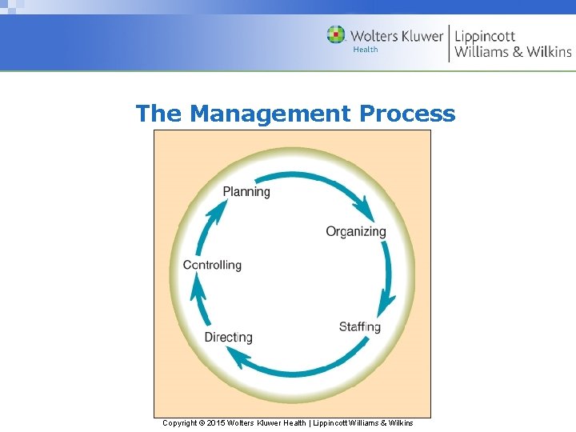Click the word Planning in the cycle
[246, 191]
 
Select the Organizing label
[356, 231]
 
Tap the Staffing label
[360, 326]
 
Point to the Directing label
[228, 337]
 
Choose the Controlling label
[212, 265]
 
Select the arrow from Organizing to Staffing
[389, 280]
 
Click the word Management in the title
[270, 114]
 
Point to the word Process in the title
[407, 114]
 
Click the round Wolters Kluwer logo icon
[336, 35]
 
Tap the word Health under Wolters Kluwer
[366, 50]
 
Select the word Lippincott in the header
[485, 35]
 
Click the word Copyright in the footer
[179, 422]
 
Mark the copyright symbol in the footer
[201, 422]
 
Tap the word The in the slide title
[158, 114]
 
